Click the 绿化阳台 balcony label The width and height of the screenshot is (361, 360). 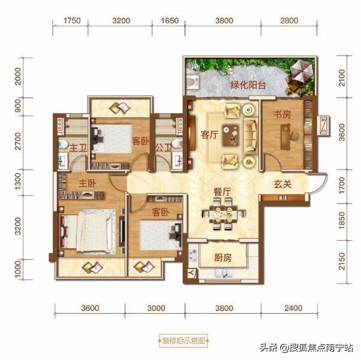[248, 85]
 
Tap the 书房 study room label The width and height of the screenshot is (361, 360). [282, 114]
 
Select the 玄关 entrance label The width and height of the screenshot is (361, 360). [282, 184]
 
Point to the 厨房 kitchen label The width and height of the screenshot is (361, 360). [222, 258]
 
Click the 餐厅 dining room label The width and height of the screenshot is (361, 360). [222, 192]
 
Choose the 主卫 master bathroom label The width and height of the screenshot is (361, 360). [78, 148]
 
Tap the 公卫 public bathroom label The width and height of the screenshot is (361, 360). [164, 148]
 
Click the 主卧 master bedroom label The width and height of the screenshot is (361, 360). [88, 183]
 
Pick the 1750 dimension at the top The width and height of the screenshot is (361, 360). [72, 20]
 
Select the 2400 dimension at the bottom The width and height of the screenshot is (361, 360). [293, 308]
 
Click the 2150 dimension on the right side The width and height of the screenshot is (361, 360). [342, 261]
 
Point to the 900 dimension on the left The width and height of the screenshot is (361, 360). [17, 106]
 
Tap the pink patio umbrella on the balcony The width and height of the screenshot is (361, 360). [301, 71]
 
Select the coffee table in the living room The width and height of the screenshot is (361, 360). [230, 135]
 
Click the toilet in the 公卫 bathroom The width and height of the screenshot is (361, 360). [177, 143]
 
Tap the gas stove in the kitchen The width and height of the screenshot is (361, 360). [193, 255]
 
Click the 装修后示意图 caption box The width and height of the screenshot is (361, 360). [183, 341]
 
